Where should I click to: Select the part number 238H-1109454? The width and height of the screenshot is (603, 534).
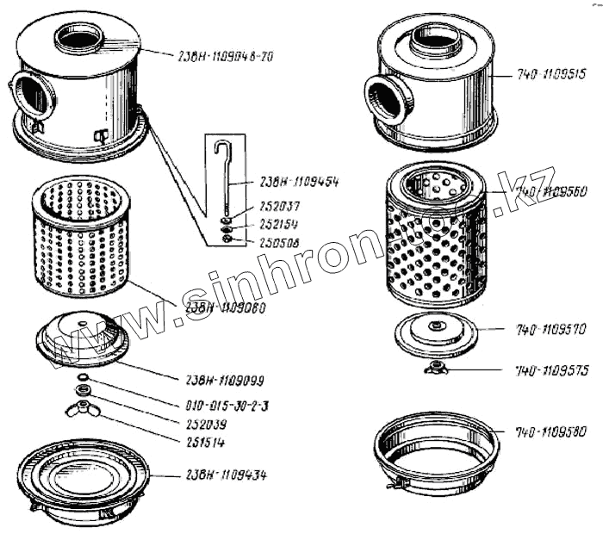coord(298,182)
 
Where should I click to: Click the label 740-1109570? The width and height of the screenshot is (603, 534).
coord(551,328)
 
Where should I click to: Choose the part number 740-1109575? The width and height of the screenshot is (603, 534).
coord(551,370)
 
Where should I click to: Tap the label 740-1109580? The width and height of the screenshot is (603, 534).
coord(551,432)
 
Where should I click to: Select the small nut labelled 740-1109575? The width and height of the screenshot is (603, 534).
coord(435,369)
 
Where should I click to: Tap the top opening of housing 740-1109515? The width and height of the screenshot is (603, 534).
coord(437,40)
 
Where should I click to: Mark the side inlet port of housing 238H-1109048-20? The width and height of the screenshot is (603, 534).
coord(33,96)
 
